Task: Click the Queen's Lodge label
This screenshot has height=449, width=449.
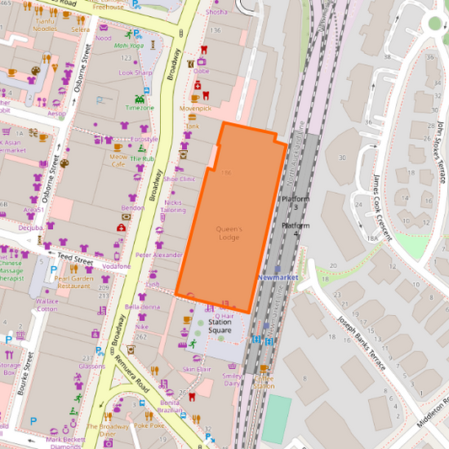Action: click(229, 233)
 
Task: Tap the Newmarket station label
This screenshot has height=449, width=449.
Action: click(280, 276)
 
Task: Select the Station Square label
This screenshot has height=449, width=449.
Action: click(220, 326)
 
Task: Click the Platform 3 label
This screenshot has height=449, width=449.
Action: click(295, 201)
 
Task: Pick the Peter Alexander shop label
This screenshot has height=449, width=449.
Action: click(158, 254)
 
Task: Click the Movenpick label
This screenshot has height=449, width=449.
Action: click(195, 108)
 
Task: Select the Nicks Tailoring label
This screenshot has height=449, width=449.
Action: click(174, 206)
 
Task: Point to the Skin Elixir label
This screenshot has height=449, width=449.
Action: click(196, 369)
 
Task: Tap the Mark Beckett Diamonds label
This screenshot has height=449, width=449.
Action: click(65, 442)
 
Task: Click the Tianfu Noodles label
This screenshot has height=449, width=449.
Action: click(45, 25)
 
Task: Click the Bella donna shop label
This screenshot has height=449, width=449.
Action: click(142, 307)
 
